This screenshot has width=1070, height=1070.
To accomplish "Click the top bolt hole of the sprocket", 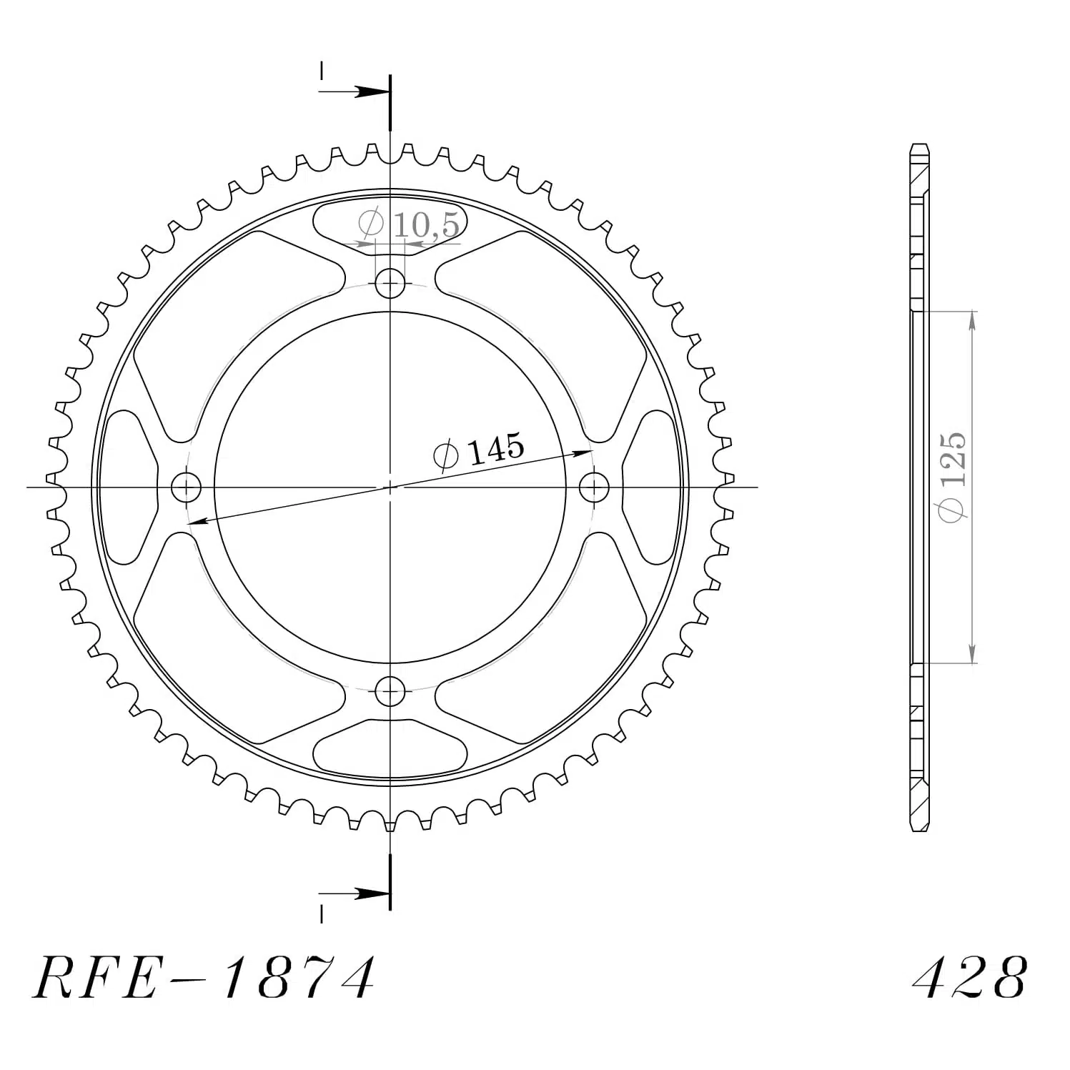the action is (390, 285).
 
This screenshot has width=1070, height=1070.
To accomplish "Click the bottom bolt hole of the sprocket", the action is (390, 690).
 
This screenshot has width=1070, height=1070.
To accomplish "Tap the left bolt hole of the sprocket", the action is (187, 488).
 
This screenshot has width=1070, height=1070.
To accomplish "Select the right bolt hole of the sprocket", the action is (593, 488).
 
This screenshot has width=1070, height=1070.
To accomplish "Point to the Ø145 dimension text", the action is (478, 450).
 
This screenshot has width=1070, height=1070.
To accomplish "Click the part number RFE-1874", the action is (204, 977).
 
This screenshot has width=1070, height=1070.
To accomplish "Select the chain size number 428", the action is (971, 977).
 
